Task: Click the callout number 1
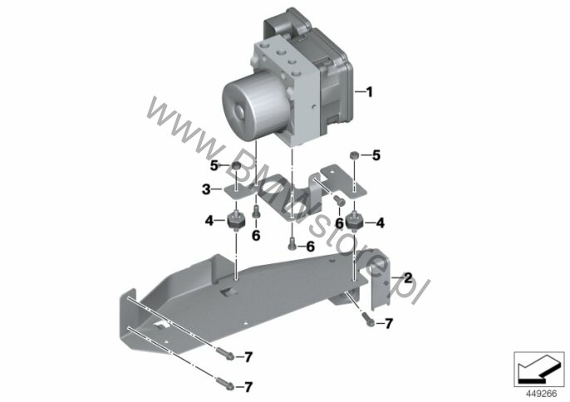pyautogui.click(x=369, y=92)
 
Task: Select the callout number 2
pyautogui.click(x=408, y=278)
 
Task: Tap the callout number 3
pyautogui.click(x=206, y=189)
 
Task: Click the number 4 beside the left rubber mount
pyautogui.click(x=209, y=220)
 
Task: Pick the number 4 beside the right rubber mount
pyautogui.click(x=381, y=223)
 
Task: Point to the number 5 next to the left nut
pyautogui.click(x=214, y=166)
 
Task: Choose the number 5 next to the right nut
pyautogui.click(x=376, y=155)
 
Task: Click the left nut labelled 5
pyautogui.click(x=237, y=166)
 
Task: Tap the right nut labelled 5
pyautogui.click(x=354, y=155)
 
